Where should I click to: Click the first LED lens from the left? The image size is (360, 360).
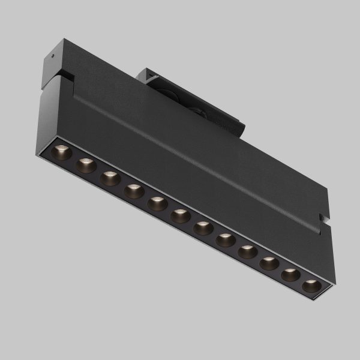pyautogui.click(x=62, y=152)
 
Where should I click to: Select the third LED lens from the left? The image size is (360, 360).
pyautogui.click(x=110, y=178)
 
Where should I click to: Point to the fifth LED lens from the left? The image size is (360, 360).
pyautogui.click(x=157, y=203)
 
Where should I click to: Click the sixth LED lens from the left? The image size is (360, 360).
pyautogui.click(x=180, y=216)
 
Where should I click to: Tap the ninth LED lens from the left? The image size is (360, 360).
pyautogui.click(x=247, y=252)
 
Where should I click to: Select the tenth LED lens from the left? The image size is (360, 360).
pyautogui.click(x=269, y=263)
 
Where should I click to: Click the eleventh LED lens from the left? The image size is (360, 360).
pyautogui.click(x=290, y=275)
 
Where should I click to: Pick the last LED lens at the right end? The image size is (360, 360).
pyautogui.click(x=311, y=286)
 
